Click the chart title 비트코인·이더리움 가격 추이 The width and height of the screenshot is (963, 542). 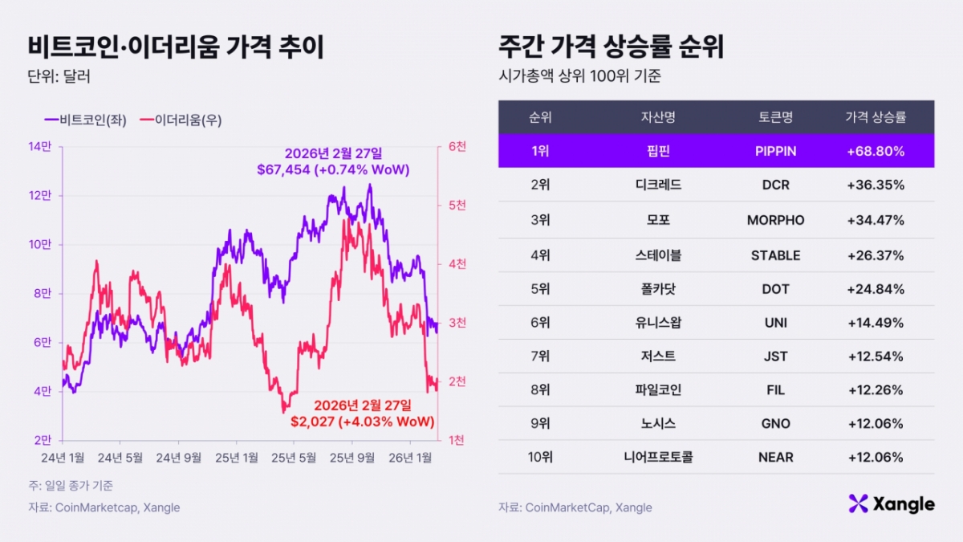point(176,47)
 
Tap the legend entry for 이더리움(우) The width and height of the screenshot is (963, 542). point(181,120)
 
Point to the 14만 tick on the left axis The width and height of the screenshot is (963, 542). point(40,147)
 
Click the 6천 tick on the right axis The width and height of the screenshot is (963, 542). point(457,147)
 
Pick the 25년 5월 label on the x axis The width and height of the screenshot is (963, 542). point(293,458)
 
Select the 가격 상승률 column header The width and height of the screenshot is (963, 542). point(876,117)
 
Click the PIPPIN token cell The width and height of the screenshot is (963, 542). point(775,151)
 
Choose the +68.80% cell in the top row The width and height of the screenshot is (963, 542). point(876,151)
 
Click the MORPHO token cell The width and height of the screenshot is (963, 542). point(775,220)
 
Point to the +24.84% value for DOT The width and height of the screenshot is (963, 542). point(876,289)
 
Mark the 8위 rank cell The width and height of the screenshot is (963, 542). point(540,390)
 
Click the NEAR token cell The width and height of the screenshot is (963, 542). point(775,458)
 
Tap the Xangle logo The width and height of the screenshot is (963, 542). point(891,504)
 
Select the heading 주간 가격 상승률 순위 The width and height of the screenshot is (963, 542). point(611,47)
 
